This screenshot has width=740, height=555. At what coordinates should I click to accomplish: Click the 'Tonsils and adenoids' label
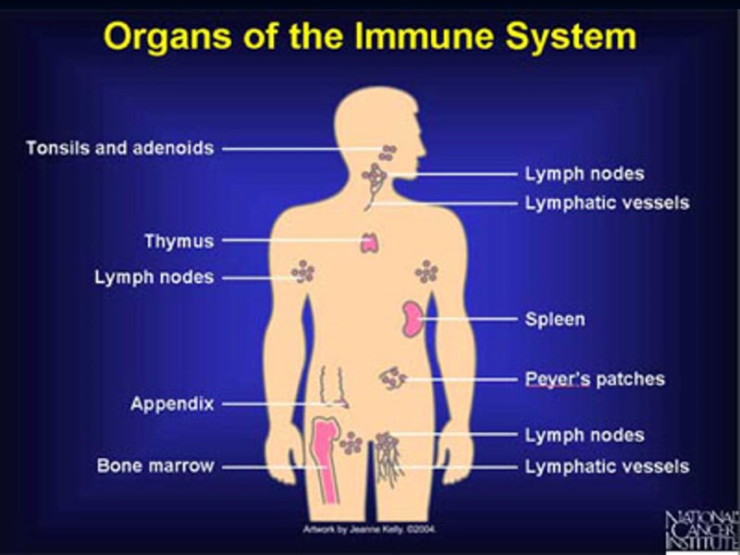120,148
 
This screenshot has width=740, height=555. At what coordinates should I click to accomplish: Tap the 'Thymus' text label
179,241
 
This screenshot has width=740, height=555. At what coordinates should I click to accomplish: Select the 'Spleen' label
555,319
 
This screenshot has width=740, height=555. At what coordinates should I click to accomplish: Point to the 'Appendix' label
172,404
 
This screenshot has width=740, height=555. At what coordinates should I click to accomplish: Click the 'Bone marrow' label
155,465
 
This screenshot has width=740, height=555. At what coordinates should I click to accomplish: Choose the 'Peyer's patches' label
595,379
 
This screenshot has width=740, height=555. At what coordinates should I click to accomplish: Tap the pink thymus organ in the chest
372,242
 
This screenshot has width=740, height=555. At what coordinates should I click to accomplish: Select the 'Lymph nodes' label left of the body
154,277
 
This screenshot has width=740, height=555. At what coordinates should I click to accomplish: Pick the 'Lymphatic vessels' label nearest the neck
607,202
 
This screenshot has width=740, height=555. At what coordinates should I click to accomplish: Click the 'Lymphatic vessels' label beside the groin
607,465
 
